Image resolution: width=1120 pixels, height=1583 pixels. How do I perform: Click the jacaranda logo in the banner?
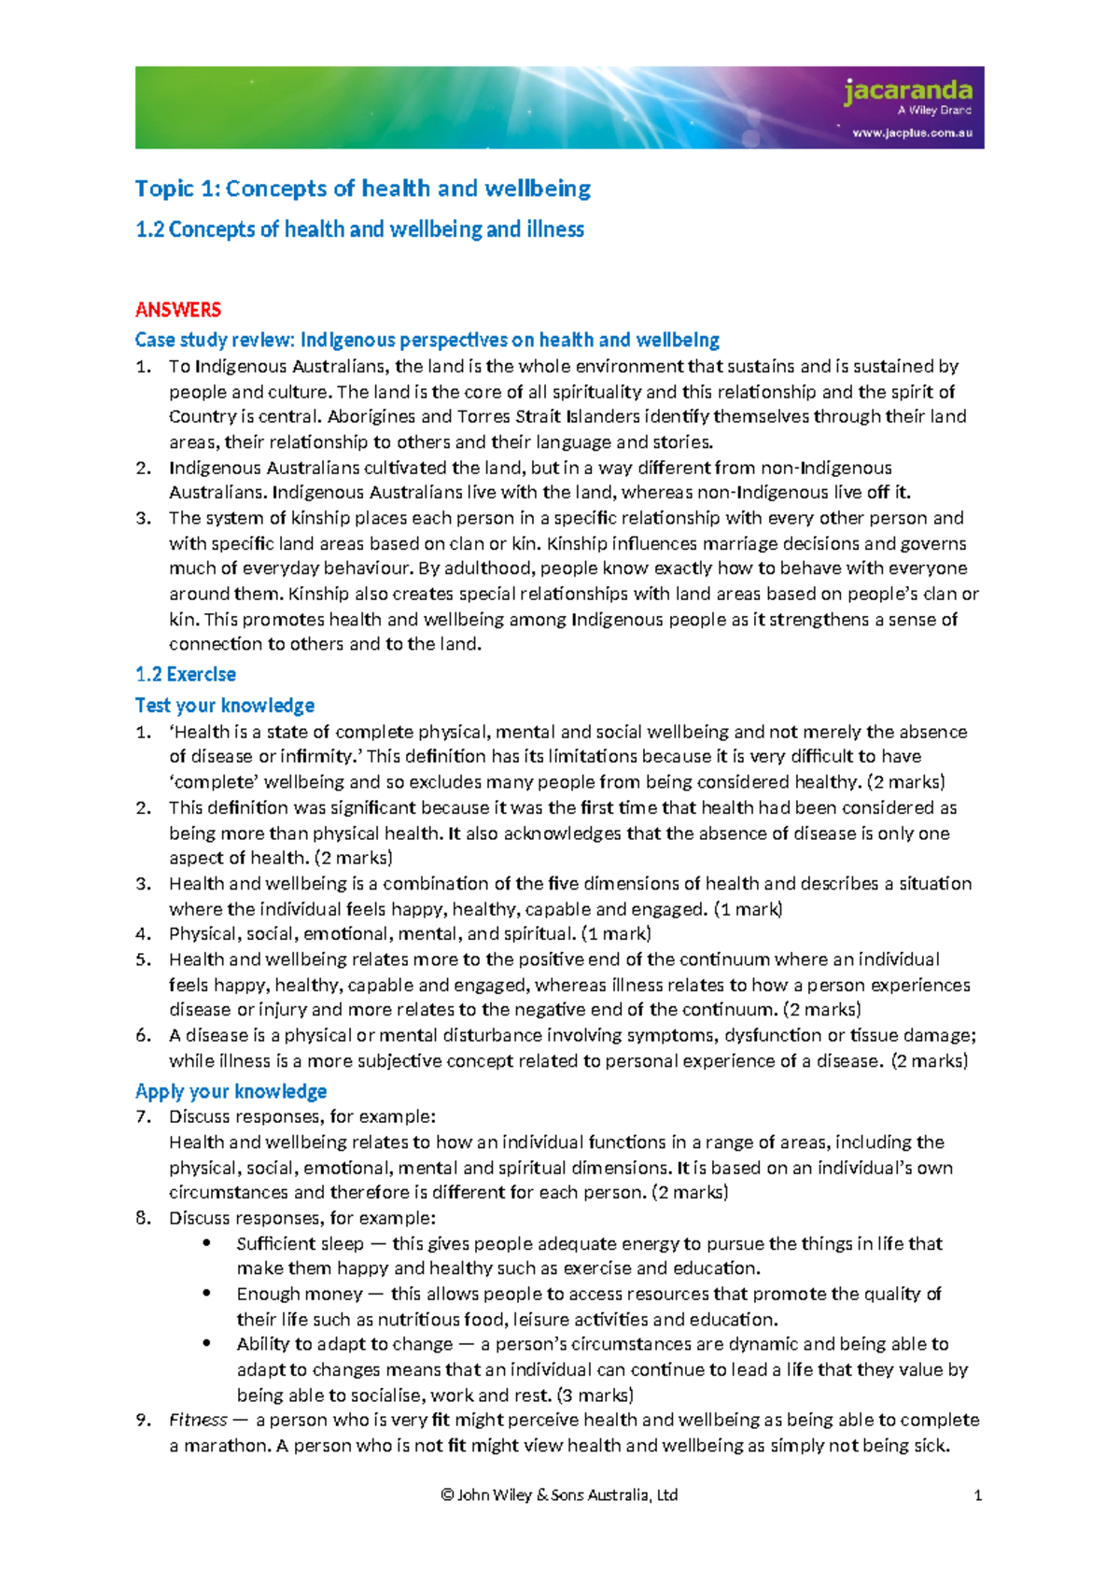pyautogui.click(x=907, y=91)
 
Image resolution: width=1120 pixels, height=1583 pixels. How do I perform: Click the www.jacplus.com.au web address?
pyautogui.click(x=912, y=133)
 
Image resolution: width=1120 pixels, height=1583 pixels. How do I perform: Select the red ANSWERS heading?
pyautogui.click(x=177, y=310)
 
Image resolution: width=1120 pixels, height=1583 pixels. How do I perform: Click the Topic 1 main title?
pyautogui.click(x=362, y=189)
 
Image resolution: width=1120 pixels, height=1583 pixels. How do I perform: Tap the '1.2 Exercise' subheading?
pyautogui.click(x=185, y=674)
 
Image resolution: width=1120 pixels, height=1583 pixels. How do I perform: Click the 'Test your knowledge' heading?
pyautogui.click(x=224, y=706)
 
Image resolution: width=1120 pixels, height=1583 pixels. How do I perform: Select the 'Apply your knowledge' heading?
pyautogui.click(x=231, y=1091)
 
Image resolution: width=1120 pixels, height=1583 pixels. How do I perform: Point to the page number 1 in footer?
pyautogui.click(x=977, y=1495)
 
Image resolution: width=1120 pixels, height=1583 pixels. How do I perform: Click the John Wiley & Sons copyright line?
pyautogui.click(x=559, y=1495)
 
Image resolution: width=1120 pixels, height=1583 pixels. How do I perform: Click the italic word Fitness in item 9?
pyautogui.click(x=198, y=1421)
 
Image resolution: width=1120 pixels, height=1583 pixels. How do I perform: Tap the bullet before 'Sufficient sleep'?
pyautogui.click(x=206, y=1243)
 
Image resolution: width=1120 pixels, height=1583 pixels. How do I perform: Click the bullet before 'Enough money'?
pyautogui.click(x=206, y=1294)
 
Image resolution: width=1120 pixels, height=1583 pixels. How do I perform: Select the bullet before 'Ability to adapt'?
pyautogui.click(x=206, y=1344)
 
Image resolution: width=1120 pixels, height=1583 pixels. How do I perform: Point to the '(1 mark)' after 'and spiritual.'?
pyautogui.click(x=616, y=933)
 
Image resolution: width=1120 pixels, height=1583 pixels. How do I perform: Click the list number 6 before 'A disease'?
pyautogui.click(x=143, y=1035)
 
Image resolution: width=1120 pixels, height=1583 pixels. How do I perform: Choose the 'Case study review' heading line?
pyautogui.click(x=427, y=340)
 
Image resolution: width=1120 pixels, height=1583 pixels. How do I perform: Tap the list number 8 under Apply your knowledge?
pyautogui.click(x=143, y=1218)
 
